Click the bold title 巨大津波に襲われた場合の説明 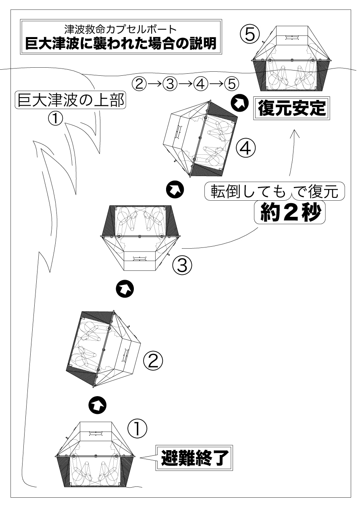[x=121, y=43]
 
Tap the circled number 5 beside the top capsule [x=250, y=34]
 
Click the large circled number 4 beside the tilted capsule [x=246, y=149]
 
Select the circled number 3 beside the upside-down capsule [x=182, y=265]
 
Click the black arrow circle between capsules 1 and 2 [x=97, y=405]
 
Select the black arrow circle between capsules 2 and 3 [x=124, y=288]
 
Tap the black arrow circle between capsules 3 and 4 [x=175, y=190]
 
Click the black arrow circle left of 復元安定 [x=239, y=103]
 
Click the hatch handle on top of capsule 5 [x=291, y=37]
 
